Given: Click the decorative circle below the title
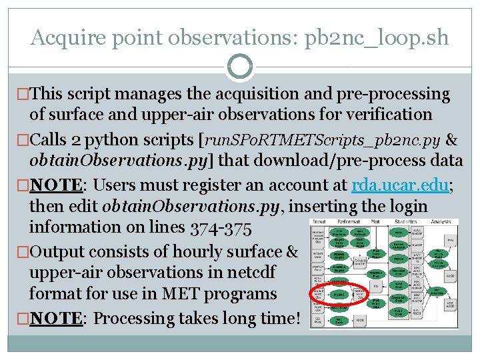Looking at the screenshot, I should pyautogui.click(x=239, y=67).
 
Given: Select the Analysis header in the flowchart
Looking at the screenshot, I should pyautogui.click(x=441, y=222).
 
